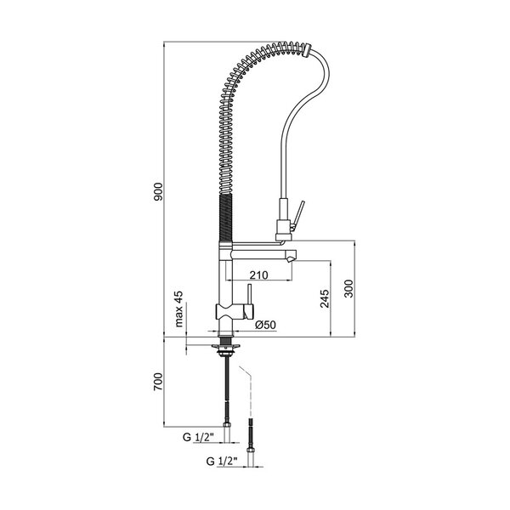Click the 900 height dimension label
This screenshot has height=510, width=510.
[158, 191]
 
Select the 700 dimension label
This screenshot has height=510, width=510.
[158, 382]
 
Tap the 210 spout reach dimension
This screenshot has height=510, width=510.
[259, 275]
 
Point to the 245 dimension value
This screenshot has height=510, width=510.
[325, 298]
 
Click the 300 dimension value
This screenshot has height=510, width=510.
[348, 288]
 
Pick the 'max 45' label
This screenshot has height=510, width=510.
[178, 309]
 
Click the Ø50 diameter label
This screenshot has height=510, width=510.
[265, 325]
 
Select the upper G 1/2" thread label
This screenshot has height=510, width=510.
[198, 438]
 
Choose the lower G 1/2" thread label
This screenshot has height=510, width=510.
[222, 462]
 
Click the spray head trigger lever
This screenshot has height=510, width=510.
[297, 215]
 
